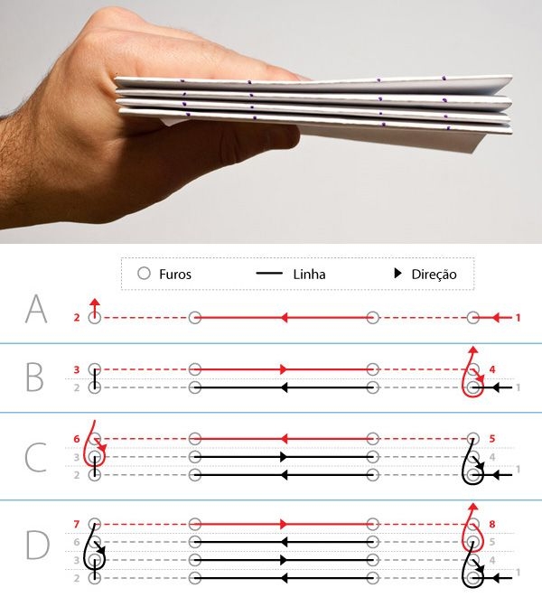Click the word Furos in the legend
click(175, 275)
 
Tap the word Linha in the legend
click(309, 275)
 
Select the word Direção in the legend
click(434, 275)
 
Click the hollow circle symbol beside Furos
click(144, 274)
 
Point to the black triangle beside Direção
click(397, 273)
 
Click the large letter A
click(36, 309)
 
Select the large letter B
click(34, 377)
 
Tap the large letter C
click(36, 457)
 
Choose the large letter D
click(38, 545)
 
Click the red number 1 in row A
click(518, 318)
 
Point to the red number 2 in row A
click(77, 318)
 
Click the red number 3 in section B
click(77, 369)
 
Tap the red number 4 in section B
click(492, 369)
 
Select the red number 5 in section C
click(492, 439)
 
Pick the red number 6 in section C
click(77, 439)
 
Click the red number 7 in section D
click(77, 524)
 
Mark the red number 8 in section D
click(492, 524)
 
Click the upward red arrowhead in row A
click(95, 303)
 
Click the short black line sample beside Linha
click(269, 273)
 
